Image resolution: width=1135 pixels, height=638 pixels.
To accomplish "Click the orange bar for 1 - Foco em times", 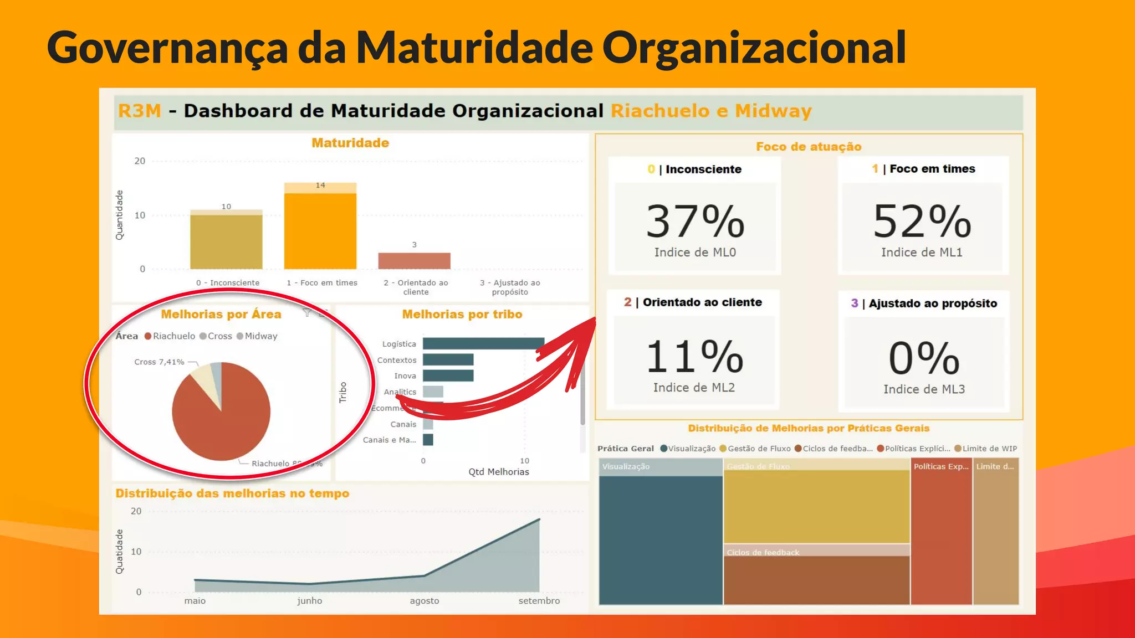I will point(320,230).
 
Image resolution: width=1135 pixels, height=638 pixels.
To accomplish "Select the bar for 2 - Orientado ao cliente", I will point(414,261).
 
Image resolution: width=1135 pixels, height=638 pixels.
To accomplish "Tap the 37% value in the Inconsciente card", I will point(695,222).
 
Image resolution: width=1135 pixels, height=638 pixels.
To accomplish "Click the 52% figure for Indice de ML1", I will point(922,222).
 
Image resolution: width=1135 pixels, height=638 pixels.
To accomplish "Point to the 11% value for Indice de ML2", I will point(694,357).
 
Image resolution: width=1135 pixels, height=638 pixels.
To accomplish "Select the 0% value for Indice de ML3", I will point(924,358).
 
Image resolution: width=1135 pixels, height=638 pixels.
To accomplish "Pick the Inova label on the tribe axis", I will point(405,376).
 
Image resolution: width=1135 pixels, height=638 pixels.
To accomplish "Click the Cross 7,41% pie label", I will point(159,362).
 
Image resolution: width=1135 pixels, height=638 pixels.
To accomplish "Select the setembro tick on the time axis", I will point(539,601).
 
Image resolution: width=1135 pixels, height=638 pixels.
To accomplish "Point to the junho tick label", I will point(309,601).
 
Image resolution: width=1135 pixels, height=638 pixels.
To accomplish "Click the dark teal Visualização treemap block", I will point(661,540).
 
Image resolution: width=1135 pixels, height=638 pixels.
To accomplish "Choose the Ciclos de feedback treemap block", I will point(816,579).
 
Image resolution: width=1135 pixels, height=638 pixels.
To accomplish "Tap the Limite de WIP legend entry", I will point(986,449).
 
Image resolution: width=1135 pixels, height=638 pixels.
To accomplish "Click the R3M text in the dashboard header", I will point(140,111).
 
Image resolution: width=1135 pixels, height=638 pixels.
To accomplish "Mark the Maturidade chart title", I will point(350,143).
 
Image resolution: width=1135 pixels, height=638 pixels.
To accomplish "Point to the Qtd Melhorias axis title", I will point(499,472).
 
